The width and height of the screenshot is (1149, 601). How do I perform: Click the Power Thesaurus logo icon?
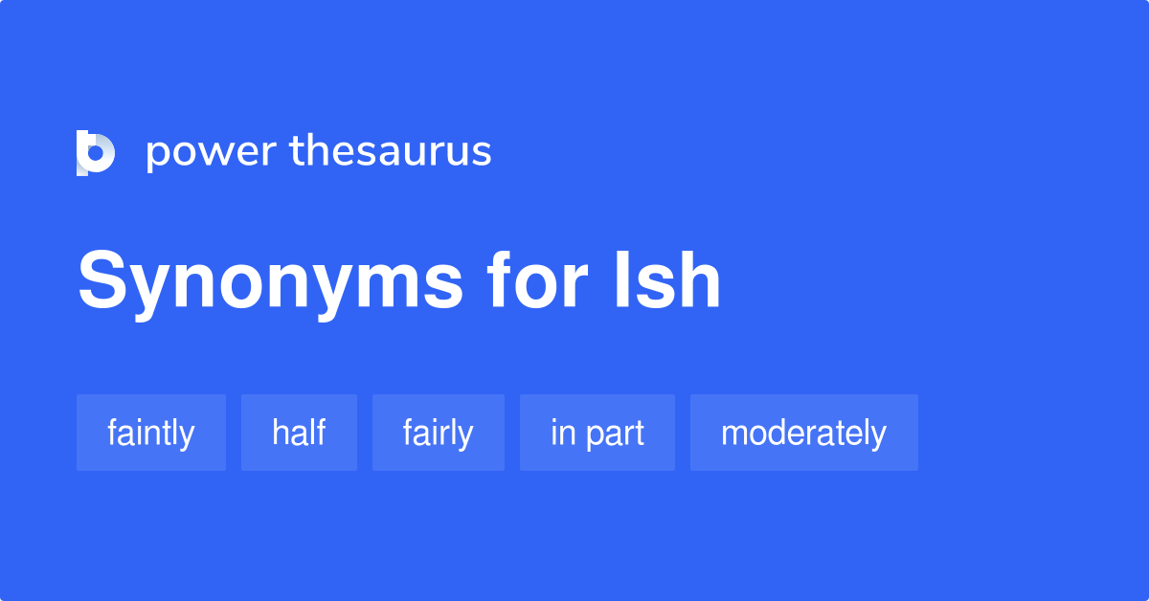click(x=96, y=153)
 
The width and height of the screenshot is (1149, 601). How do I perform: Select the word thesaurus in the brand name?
click(x=391, y=152)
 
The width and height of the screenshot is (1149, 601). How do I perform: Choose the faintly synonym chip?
click(x=151, y=433)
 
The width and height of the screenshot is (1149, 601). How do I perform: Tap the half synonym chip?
click(x=299, y=433)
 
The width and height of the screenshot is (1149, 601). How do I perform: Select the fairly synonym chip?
click(x=439, y=433)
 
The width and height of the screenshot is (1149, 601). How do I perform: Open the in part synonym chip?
click(x=597, y=433)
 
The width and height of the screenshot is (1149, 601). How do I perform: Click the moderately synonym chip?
click(x=803, y=433)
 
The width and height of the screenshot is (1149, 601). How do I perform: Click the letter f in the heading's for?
click(x=501, y=280)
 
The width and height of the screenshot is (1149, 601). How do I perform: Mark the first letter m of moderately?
click(x=734, y=434)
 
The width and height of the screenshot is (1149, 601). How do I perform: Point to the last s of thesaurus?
click(x=482, y=153)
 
